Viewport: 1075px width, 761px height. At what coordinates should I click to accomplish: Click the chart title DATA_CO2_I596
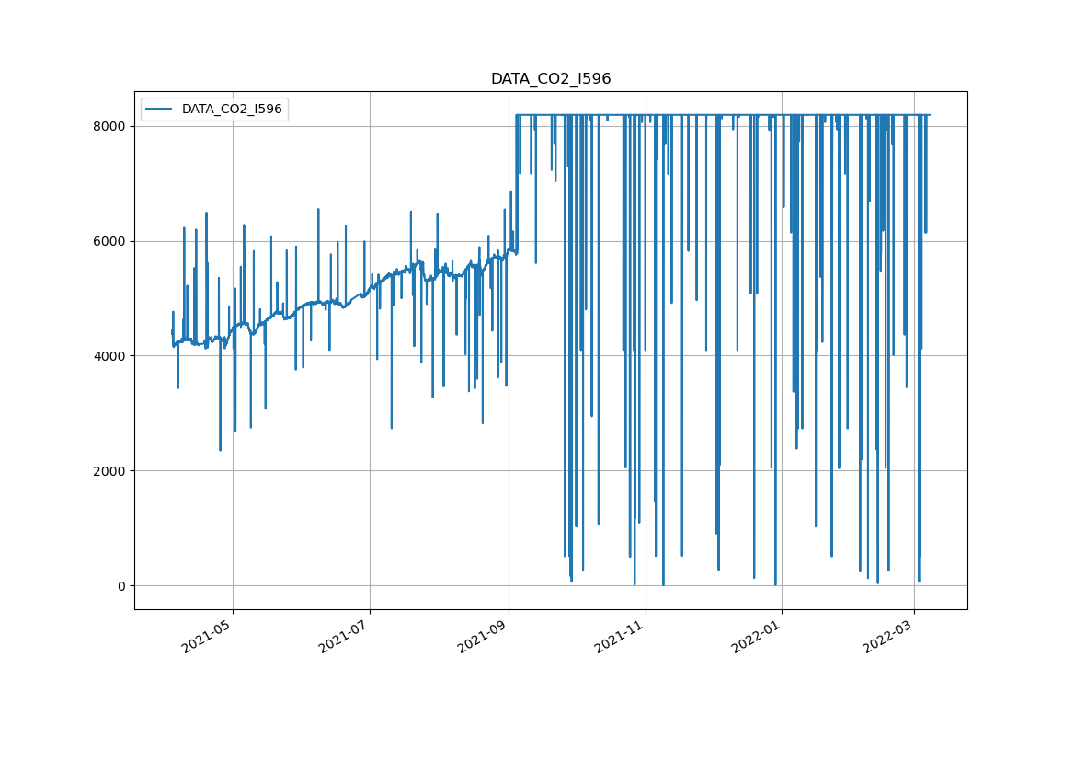pyautogui.click(x=550, y=79)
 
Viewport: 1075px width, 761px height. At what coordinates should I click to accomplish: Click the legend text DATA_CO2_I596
pyautogui.click(x=232, y=110)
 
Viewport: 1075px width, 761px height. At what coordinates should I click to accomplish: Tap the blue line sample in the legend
pyautogui.click(x=159, y=110)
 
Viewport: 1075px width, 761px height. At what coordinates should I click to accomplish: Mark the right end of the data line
pyautogui.click(x=930, y=115)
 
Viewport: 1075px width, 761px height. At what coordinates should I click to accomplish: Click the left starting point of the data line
pyautogui.click(x=172, y=331)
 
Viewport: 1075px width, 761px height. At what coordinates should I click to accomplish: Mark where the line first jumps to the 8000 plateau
pyautogui.click(x=517, y=115)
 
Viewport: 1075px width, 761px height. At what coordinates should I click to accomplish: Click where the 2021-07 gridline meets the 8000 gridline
pyautogui.click(x=370, y=126)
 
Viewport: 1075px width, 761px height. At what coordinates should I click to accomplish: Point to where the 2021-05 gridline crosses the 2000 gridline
pyautogui.click(x=233, y=471)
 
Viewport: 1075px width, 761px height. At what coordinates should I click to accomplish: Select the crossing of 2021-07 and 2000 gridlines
pyautogui.click(x=370, y=471)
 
